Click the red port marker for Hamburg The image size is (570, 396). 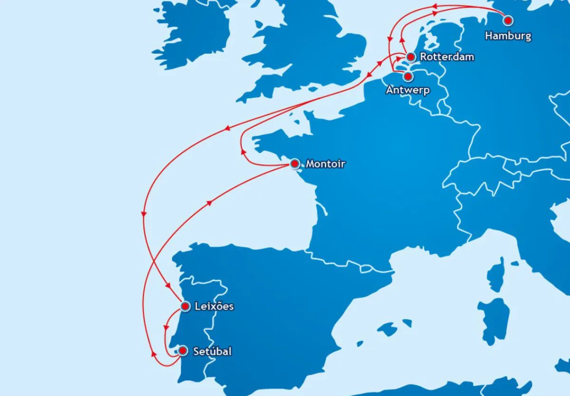(508, 20)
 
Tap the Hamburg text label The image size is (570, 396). (508, 36)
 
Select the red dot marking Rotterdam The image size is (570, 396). (411, 57)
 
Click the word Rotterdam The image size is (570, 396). (447, 57)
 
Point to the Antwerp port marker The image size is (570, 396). (407, 76)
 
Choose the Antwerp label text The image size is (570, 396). (408, 90)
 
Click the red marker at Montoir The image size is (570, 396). (294, 164)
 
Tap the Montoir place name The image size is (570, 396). (325, 164)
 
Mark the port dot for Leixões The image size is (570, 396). (185, 307)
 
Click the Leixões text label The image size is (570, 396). (214, 307)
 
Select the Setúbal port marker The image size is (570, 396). (182, 351)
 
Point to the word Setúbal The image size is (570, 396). (212, 352)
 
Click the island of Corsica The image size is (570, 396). (495, 276)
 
